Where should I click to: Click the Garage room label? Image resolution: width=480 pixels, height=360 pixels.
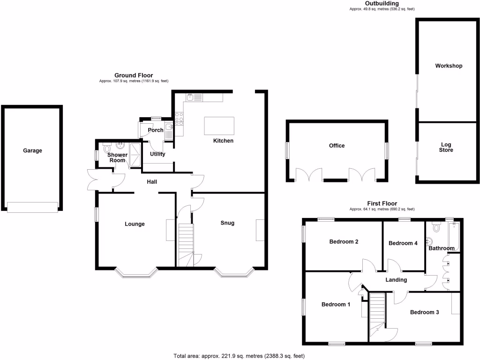click(33, 150)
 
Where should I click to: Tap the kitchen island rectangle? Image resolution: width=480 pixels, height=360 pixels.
click(219, 126)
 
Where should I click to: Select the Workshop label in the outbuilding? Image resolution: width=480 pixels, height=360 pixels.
click(449, 66)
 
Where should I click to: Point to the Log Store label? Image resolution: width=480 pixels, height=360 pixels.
click(446, 147)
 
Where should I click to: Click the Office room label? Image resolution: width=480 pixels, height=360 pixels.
click(337, 145)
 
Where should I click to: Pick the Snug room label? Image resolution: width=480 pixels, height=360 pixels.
click(227, 223)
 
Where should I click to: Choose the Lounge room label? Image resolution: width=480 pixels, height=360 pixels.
click(135, 224)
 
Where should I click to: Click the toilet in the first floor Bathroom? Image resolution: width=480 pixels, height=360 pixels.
click(436, 227)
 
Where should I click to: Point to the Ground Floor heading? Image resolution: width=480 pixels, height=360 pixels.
click(134, 75)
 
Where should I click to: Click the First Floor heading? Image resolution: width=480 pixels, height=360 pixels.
click(382, 203)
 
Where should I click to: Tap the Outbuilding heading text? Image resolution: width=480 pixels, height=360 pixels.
click(382, 3)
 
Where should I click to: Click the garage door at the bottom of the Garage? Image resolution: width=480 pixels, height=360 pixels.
click(33, 207)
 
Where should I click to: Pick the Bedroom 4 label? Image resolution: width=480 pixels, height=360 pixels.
click(403, 243)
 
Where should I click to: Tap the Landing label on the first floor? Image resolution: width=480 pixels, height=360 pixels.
click(396, 280)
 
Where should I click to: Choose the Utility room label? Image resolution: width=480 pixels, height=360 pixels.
click(157, 154)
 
